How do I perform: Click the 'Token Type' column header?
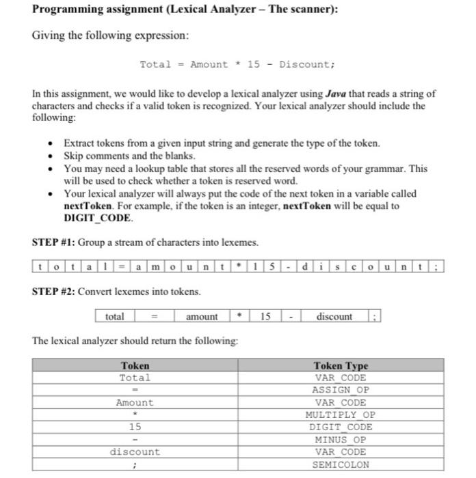point(340,366)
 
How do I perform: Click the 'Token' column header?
point(135,366)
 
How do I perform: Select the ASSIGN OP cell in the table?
point(340,390)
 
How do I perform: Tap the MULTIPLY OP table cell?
point(340,414)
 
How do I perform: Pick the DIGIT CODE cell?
point(340,427)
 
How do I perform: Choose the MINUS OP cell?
point(340,439)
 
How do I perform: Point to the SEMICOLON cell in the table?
point(340,464)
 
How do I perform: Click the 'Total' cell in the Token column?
point(135,378)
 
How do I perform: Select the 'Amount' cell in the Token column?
point(135,402)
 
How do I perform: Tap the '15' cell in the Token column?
point(135,427)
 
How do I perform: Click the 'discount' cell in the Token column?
point(135,451)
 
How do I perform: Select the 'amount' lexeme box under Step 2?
point(202,317)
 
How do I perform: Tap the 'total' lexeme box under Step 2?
point(115,317)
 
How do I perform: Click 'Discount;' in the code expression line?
point(307,64)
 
